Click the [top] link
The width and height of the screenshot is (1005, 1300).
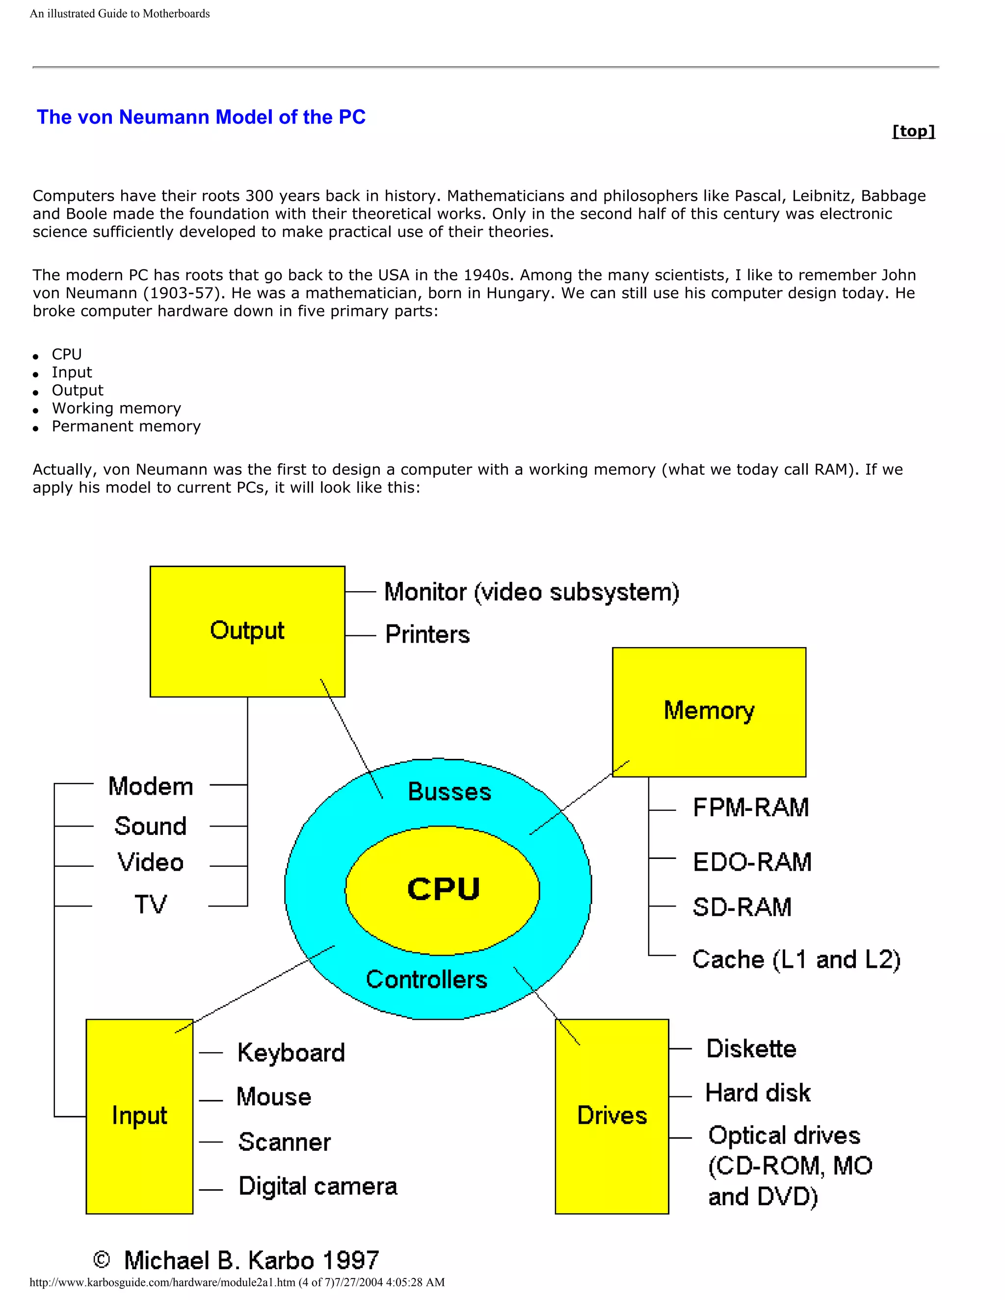click(x=913, y=131)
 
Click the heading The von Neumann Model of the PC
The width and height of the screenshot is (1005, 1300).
click(x=201, y=117)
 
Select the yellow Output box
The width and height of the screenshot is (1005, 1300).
click(x=247, y=631)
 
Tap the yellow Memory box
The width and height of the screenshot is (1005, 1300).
click(x=709, y=711)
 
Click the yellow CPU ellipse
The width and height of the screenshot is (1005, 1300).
click(x=442, y=889)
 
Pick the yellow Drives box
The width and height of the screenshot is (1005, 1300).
click(x=611, y=1116)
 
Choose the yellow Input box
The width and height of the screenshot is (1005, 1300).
click(x=139, y=1116)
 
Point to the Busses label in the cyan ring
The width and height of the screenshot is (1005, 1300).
click(x=450, y=792)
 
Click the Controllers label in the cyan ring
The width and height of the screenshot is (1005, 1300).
click(x=426, y=979)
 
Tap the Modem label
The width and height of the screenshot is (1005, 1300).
click(x=151, y=786)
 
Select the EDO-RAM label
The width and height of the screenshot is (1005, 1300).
click(x=752, y=862)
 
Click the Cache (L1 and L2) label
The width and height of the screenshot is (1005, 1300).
click(x=796, y=960)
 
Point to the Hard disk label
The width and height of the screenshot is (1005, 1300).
click(x=757, y=1093)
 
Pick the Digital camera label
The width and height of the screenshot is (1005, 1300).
click(x=317, y=1186)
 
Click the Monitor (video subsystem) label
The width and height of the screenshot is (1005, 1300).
click(x=531, y=592)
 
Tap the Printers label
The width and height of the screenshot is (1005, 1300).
click(x=427, y=634)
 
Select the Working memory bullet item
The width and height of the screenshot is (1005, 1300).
click(x=116, y=408)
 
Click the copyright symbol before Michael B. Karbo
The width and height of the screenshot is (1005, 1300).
click(x=102, y=1259)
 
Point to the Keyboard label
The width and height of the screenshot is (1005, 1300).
click(x=291, y=1053)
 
